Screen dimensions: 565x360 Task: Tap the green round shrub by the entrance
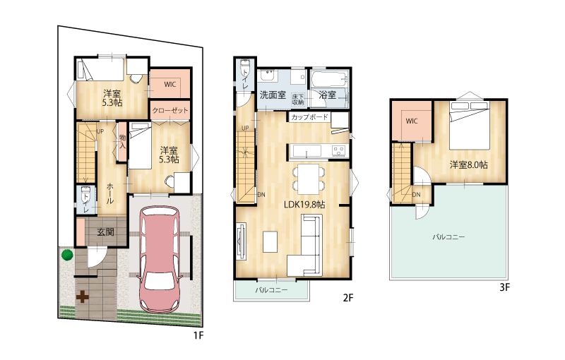point(67,255)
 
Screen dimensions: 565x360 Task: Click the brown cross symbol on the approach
point(83,296)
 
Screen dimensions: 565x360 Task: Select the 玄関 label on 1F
point(105,232)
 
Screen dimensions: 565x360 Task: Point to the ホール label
point(110,193)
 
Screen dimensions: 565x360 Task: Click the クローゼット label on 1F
point(169,110)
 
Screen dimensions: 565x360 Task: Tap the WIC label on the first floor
point(169,84)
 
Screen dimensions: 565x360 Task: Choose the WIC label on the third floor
point(412,121)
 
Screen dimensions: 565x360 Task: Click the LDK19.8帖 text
point(304,205)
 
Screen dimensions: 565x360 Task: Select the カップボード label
point(309,116)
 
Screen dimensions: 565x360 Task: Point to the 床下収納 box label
point(298,100)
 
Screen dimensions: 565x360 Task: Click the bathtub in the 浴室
point(330,78)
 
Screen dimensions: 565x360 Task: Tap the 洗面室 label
point(273,95)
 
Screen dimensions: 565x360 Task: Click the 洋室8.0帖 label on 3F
point(468,165)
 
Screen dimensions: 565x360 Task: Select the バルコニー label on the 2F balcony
point(272,289)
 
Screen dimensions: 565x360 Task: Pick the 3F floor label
point(504,287)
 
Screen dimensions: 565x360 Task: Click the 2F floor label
point(348,298)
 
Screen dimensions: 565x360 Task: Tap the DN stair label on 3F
point(416,195)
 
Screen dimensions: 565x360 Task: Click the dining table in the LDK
point(309,179)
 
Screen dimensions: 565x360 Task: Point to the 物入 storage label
point(122,141)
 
